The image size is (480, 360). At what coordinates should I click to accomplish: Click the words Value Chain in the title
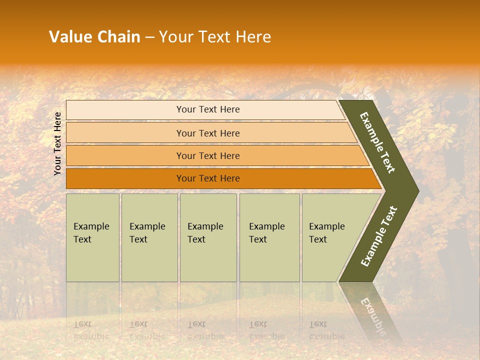pos(94,36)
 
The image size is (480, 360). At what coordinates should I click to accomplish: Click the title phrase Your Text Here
pos(214,36)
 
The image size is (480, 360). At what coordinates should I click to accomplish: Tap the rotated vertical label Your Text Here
pos(57,143)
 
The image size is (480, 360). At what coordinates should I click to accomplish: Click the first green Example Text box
pos(92,238)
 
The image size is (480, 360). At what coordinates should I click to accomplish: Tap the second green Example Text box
pos(149,238)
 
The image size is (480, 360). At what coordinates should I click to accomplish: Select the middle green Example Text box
pos(208,238)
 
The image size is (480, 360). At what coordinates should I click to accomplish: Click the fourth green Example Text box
pos(269,238)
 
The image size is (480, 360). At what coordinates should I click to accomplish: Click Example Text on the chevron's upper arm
pos(377,142)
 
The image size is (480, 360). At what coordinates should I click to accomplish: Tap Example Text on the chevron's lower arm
pos(378,236)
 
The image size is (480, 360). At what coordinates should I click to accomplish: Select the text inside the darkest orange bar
pos(208,178)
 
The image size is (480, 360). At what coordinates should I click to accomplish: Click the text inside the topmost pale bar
pos(208,109)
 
